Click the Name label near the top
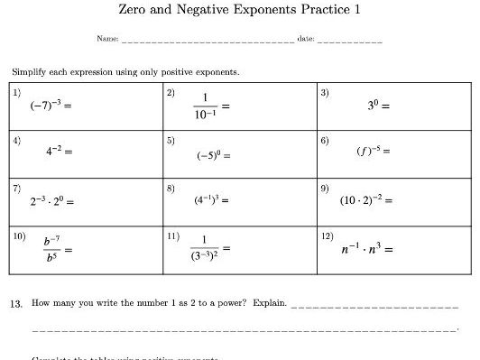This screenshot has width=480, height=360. tap(107, 41)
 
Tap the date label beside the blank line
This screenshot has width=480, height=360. tap(305, 41)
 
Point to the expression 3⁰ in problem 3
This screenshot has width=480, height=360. tap(374, 106)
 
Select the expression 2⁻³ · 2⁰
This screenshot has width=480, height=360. tap(47, 201)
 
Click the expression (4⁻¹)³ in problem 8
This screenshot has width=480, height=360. tap(210, 200)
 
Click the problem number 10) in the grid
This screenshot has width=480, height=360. tap(19, 235)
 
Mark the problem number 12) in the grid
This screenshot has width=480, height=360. tap(327, 235)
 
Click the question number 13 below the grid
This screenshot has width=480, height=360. tap(16, 303)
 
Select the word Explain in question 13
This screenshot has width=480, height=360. tap(268, 303)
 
